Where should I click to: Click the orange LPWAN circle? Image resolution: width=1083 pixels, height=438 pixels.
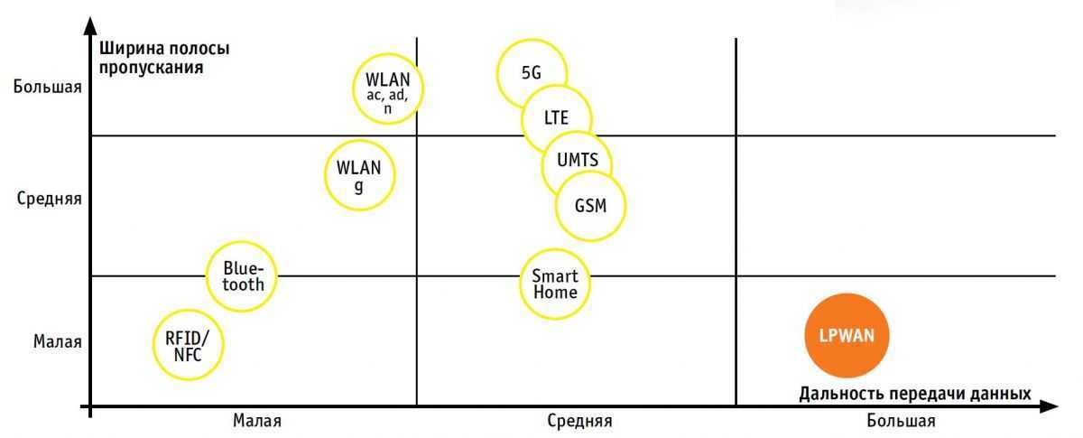847,335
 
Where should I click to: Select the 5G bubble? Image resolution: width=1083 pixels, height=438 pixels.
532,73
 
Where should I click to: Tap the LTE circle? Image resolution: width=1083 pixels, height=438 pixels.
557,118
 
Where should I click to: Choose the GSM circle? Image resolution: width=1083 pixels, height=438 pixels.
590,205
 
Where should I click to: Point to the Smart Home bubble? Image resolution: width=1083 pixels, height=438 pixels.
554,284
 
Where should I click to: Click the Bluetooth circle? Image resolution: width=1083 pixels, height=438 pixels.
242,276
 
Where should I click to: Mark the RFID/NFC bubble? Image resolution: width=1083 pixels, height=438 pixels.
188,345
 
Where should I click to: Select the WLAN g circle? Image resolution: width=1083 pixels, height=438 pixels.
359,175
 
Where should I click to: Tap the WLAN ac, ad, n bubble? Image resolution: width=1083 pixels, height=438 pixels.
387,89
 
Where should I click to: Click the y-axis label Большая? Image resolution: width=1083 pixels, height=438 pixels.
48,88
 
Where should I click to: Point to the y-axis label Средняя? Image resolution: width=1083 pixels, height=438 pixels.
50,199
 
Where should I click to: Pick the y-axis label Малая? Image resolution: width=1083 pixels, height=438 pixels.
58,341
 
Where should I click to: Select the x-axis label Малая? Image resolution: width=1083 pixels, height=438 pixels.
256,421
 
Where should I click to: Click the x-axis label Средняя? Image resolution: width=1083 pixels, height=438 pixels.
579,421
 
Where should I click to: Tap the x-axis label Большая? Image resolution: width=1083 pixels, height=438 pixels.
901,421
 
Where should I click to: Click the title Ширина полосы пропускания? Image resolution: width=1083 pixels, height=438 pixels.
164,57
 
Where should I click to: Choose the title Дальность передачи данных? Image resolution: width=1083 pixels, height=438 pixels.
915,394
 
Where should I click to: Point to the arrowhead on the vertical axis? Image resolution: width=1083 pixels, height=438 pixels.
89,25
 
